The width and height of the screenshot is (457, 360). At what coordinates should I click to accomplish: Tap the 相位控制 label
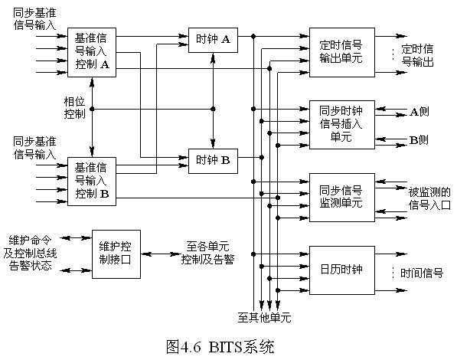pos(74,108)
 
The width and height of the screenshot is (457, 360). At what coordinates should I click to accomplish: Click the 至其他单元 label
pos(264,317)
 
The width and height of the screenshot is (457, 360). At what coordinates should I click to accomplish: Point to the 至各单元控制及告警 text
pos(207,253)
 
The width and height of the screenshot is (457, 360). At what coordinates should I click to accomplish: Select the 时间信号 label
pos(422,273)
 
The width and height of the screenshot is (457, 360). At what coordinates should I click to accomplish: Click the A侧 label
pos(419,112)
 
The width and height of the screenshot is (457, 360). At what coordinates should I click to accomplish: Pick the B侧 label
pos(419,140)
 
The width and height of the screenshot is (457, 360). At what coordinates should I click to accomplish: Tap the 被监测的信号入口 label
pos(429,198)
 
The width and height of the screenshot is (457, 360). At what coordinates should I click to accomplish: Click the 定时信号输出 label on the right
pos(417,55)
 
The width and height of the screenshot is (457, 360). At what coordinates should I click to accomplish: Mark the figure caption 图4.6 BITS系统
pos(220,347)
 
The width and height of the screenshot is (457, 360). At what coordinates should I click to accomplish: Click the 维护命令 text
pos(31,241)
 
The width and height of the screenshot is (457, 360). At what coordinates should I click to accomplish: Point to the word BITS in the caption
pos(226,347)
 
